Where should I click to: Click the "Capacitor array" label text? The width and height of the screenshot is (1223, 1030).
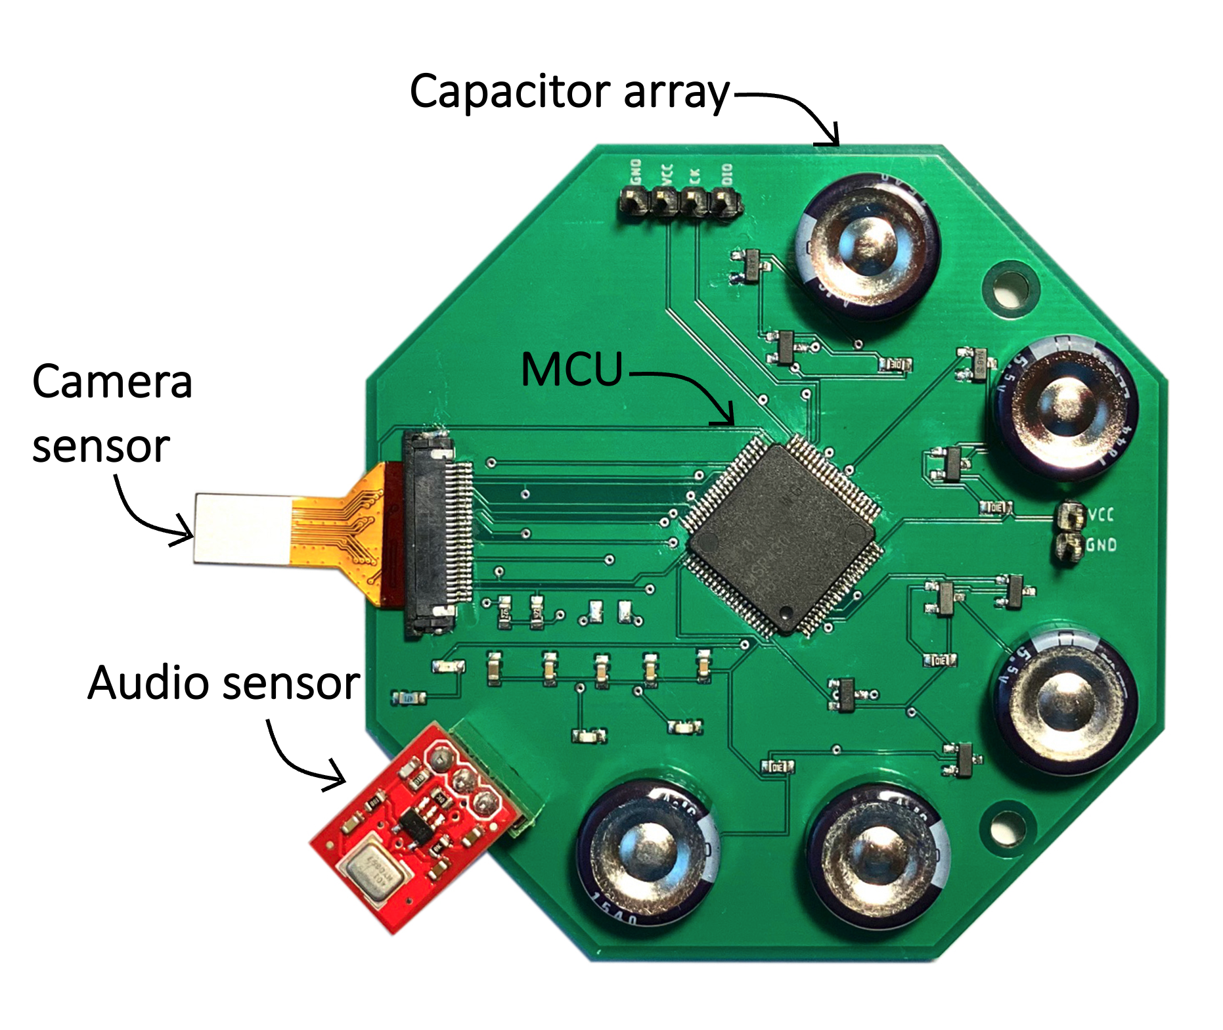tap(569, 92)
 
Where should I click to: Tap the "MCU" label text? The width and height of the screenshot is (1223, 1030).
tap(571, 369)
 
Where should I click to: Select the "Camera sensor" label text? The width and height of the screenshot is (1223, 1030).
tap(112, 414)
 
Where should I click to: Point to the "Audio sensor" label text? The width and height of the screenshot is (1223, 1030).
tap(223, 683)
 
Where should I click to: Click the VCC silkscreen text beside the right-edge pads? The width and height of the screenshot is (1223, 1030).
tap(1101, 514)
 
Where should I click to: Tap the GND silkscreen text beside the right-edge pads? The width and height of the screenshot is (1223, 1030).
tap(1101, 545)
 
